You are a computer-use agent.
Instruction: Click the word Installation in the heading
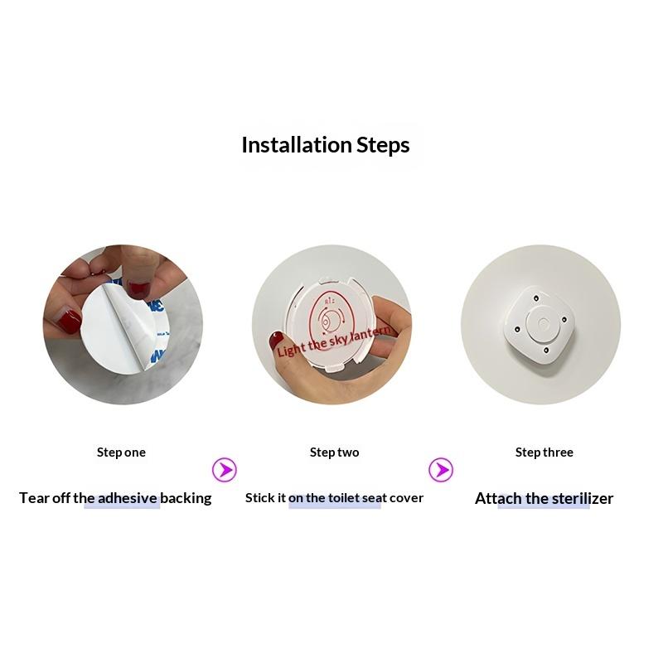[x=297, y=145]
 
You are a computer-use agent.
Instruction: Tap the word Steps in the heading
[x=383, y=146]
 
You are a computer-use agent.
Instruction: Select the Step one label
[x=121, y=452]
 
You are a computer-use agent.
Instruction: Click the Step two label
[x=335, y=452]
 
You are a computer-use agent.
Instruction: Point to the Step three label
[x=544, y=452]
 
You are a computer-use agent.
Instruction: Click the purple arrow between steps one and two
[x=224, y=469]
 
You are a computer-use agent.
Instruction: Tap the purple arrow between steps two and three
[x=441, y=469]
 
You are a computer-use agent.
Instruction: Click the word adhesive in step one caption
[x=128, y=498]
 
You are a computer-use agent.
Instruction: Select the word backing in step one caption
[x=186, y=499]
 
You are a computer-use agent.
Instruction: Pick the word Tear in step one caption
[x=34, y=498]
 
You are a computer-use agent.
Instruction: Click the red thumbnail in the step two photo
[x=276, y=340]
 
